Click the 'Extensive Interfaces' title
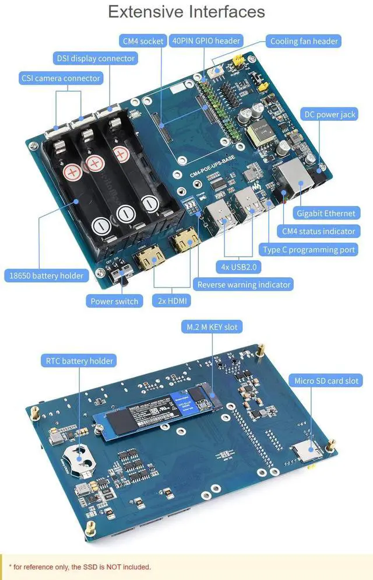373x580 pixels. coord(186,12)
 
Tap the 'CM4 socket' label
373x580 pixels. coord(143,41)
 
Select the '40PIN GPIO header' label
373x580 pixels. coord(206,41)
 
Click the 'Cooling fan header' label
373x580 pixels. coord(304,41)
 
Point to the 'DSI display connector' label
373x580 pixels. coord(96,58)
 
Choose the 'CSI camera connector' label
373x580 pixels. coord(61,78)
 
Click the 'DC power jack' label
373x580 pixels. coord(330,114)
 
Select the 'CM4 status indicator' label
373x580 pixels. coord(318,232)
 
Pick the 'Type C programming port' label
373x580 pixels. coord(309,250)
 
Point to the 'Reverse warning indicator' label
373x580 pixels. coord(243,285)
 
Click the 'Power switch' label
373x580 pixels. coord(114,301)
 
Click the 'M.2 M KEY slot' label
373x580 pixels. coord(212,327)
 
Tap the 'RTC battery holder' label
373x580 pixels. coord(79,361)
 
